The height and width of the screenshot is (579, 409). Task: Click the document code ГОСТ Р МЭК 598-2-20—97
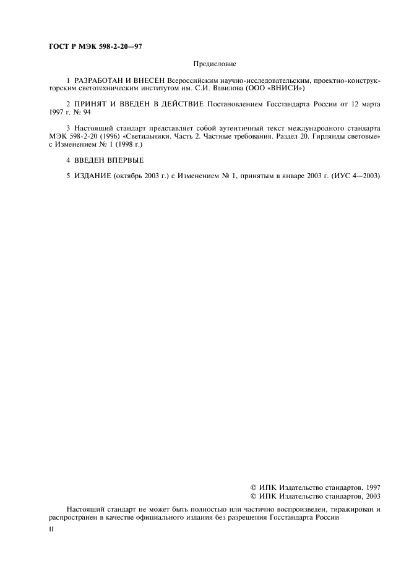coord(95,47)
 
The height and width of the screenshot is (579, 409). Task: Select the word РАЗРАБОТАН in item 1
coord(97,80)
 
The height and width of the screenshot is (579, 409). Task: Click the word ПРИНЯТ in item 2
coord(93,106)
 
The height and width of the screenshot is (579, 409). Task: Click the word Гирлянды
coord(322,139)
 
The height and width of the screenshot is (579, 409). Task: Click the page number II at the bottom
coord(52,530)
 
